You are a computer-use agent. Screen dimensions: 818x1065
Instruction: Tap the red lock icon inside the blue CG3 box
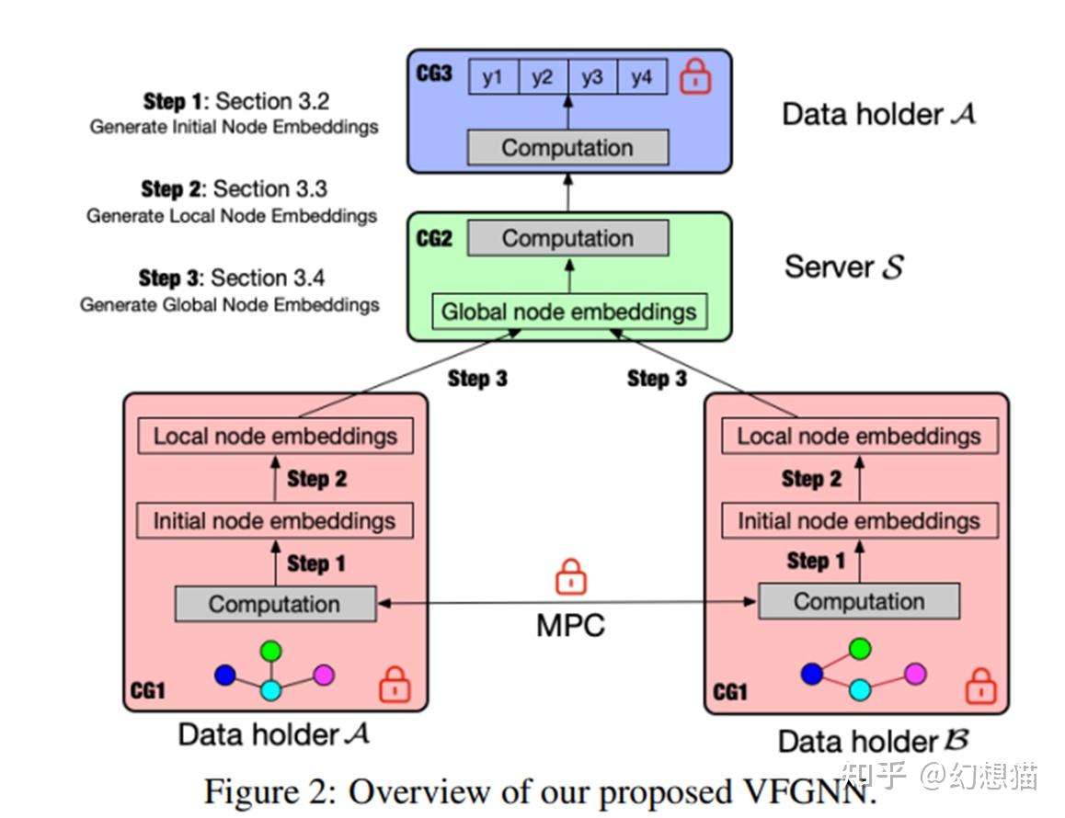pyautogui.click(x=695, y=77)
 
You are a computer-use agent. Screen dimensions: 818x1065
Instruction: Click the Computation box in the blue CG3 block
pyautogui.click(x=567, y=148)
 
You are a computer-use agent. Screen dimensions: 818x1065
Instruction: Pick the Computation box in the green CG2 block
pyautogui.click(x=567, y=239)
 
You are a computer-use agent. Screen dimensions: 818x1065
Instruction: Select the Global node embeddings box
pyautogui.click(x=568, y=312)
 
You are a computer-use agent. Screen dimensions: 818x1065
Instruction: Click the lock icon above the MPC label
pyautogui.click(x=571, y=579)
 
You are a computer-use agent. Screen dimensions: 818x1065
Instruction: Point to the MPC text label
pyautogui.click(x=571, y=625)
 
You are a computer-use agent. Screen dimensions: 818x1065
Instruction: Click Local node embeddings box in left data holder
pyautogui.click(x=275, y=436)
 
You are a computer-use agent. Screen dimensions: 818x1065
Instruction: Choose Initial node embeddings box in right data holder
pyautogui.click(x=859, y=522)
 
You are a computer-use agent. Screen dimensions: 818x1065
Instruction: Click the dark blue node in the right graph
pyautogui.click(x=811, y=674)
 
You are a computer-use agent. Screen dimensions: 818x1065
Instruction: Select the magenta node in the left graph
pyautogui.click(x=323, y=675)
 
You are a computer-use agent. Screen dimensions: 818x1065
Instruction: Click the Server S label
pyautogui.click(x=843, y=267)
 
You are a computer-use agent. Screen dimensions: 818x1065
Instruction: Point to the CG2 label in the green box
pyautogui.click(x=434, y=239)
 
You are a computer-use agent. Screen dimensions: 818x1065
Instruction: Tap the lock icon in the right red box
pyautogui.click(x=980, y=686)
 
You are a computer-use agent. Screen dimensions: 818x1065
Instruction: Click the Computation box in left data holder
pyautogui.click(x=275, y=605)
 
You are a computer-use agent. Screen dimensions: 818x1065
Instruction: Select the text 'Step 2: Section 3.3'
pyautogui.click(x=234, y=189)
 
